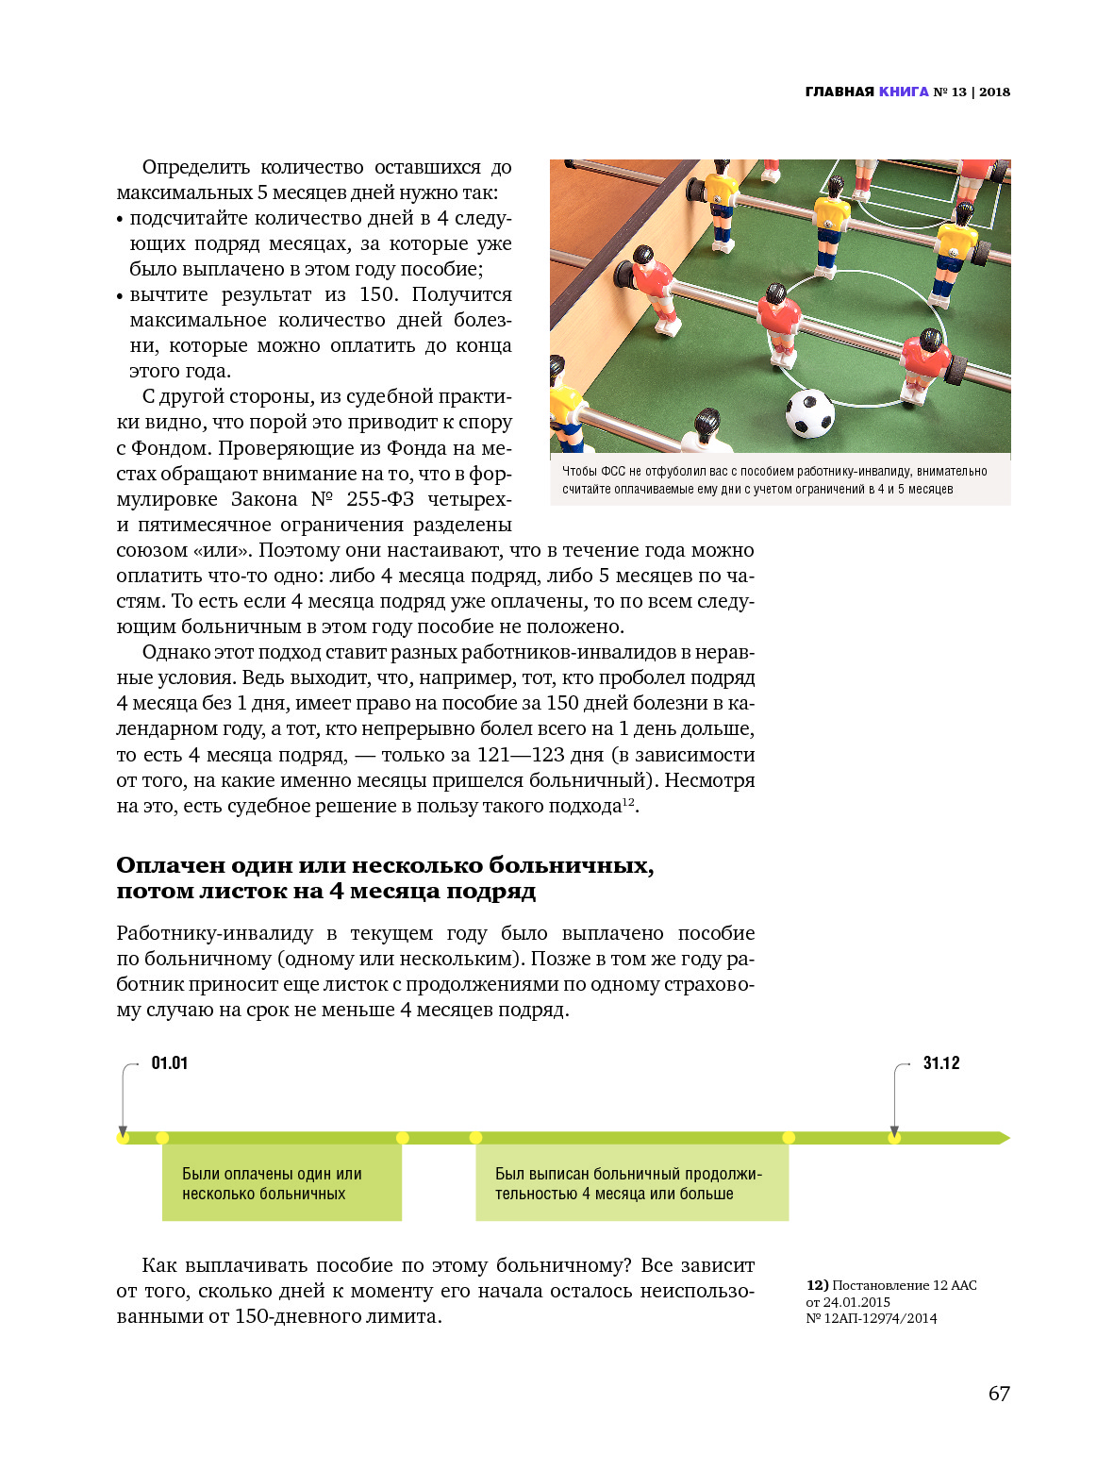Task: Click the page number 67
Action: coord(999,1394)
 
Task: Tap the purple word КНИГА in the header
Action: coord(904,92)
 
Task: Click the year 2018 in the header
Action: coord(994,92)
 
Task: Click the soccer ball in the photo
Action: coord(809,413)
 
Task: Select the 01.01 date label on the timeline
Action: coord(170,1063)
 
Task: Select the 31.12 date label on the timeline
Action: coord(940,1063)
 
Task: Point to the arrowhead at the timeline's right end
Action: coord(1004,1138)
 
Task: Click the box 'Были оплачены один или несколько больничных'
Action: coord(282,1183)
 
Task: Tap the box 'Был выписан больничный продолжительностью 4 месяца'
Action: coord(632,1183)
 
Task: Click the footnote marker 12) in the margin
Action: coord(817,1285)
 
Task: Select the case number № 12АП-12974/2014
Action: coord(872,1318)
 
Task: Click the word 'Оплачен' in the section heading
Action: coord(170,865)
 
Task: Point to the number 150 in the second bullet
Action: coord(378,294)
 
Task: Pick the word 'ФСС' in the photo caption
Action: coord(613,471)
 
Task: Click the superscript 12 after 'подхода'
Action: coord(627,802)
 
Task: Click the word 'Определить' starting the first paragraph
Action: coord(195,167)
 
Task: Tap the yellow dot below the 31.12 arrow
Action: coord(894,1138)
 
